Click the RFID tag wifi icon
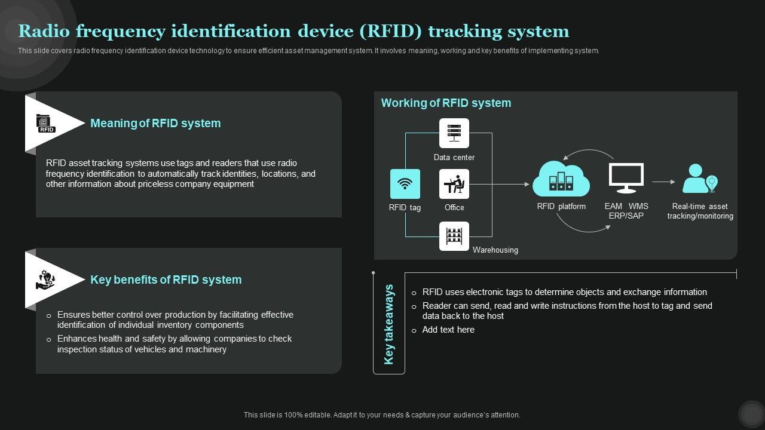[x=405, y=184]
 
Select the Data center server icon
[x=454, y=133]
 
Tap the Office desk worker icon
[x=454, y=184]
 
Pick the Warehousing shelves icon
[x=454, y=236]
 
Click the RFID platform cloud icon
[x=561, y=179]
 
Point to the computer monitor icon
[x=626, y=178]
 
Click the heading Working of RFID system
[x=446, y=103]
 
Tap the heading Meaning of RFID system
[x=155, y=123]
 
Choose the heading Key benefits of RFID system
[x=166, y=279]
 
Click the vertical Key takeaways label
[x=389, y=324]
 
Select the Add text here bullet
[x=448, y=330]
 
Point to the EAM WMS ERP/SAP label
[x=626, y=211]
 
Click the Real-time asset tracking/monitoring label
[x=700, y=211]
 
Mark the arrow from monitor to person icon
[x=663, y=182]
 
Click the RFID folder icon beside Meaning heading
[x=45, y=124]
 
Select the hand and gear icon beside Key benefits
[x=45, y=279]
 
